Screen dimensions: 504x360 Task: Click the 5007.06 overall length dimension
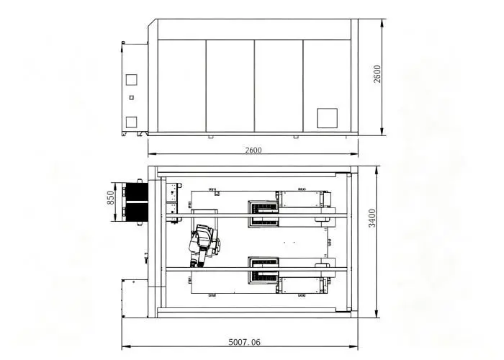pos(244,342)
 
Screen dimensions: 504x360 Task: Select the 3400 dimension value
pos(372,218)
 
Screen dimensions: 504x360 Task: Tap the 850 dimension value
pos(110,198)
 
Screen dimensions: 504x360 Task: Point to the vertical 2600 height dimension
pos(377,74)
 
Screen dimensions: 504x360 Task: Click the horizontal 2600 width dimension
pos(253,150)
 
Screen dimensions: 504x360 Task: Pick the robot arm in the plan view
pos(204,245)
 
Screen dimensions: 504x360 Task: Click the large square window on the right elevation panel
pos(327,118)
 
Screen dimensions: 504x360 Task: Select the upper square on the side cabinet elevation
pos(131,80)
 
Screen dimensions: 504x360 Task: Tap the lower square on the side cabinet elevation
pos(131,122)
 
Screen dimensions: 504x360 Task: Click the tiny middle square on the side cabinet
pos(131,97)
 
